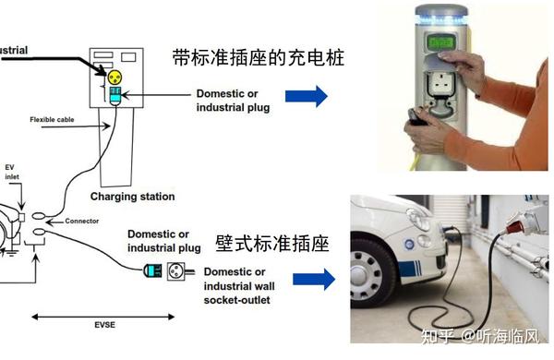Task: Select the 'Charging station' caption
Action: coord(132,197)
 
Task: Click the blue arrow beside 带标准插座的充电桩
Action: coord(307,95)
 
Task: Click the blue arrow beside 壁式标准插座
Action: coord(313,280)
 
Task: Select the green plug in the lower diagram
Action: coord(152,272)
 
